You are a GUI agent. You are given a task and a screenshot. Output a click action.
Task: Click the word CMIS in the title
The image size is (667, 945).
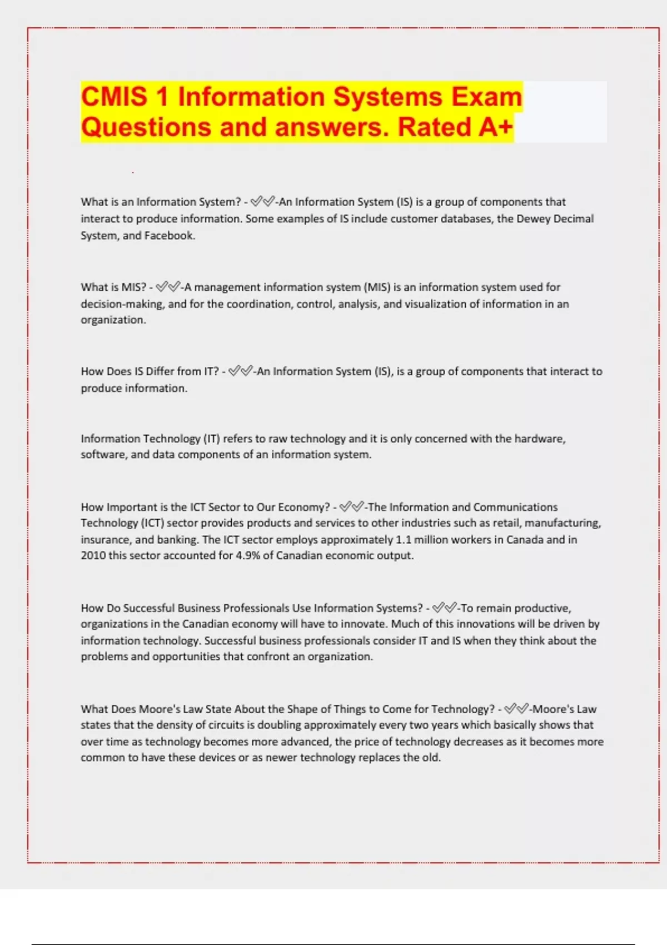tap(115, 97)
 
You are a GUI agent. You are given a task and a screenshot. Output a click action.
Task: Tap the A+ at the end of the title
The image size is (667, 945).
tap(495, 127)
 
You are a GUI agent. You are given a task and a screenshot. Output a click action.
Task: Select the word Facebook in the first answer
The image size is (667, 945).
tap(169, 236)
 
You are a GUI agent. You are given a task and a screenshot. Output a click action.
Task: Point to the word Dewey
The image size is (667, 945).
tap(534, 218)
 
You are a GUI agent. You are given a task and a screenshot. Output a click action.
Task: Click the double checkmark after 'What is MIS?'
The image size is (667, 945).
tap(168, 287)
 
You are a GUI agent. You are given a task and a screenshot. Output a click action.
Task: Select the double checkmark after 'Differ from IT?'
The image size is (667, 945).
tap(241, 371)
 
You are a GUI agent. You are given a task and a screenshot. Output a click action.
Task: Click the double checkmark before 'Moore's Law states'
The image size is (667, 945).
tap(516, 709)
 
